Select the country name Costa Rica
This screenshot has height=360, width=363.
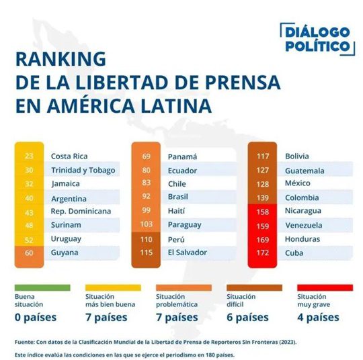pos(69,156)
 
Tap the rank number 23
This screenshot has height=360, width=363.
pos(29,156)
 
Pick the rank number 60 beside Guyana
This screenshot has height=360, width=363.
pos(29,253)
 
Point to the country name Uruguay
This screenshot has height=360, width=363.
pos(66,239)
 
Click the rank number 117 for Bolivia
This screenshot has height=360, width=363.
pos(263,156)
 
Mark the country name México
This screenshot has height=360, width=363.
pos(299,184)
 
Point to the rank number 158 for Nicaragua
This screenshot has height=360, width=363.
pos(263,211)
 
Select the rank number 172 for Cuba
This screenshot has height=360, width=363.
pos(263,253)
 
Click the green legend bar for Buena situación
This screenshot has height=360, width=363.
pos(42,287)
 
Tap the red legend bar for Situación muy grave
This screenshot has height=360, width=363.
pos(324,287)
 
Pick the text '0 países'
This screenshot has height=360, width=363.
pos(36,317)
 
